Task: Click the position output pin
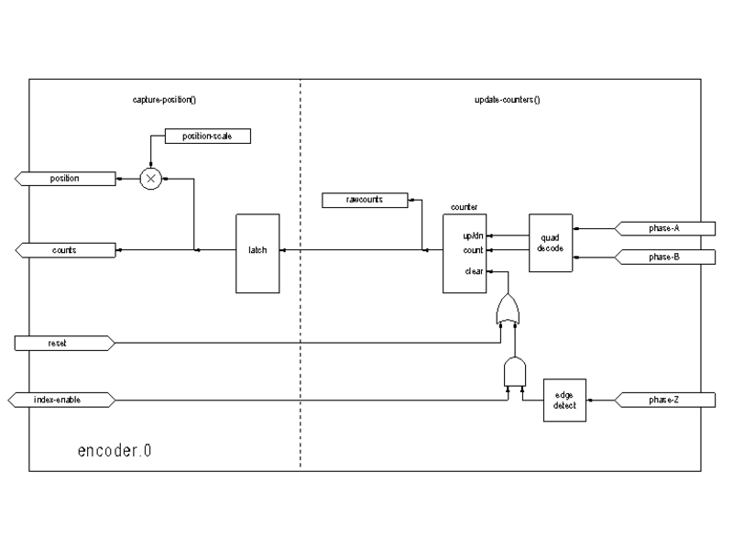coord(64,178)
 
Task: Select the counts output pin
coord(64,249)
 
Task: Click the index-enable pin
coord(60,400)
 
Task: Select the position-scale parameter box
coord(207,137)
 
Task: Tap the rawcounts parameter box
coord(365,199)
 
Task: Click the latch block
coord(257,254)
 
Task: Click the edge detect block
coord(564,400)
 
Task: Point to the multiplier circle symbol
coord(150,179)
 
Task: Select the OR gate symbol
coord(506,312)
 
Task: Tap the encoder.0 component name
coord(115,450)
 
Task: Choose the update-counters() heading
coord(500,98)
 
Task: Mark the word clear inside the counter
coord(473,270)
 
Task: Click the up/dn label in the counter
coord(473,236)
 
